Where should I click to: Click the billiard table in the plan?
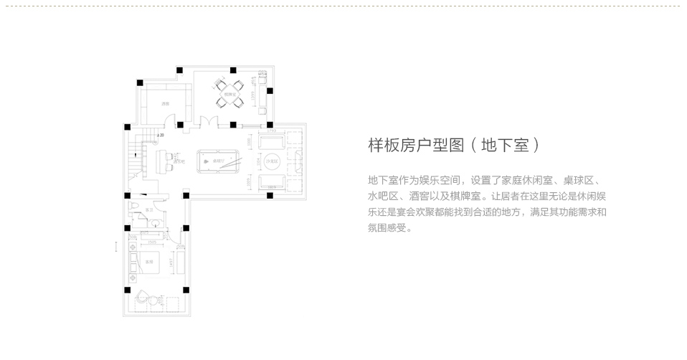(218, 162)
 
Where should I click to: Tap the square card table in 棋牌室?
(231, 93)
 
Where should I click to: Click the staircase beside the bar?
(133, 159)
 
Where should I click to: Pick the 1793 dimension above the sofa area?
(271, 131)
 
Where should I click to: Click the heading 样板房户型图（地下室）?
(453, 146)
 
